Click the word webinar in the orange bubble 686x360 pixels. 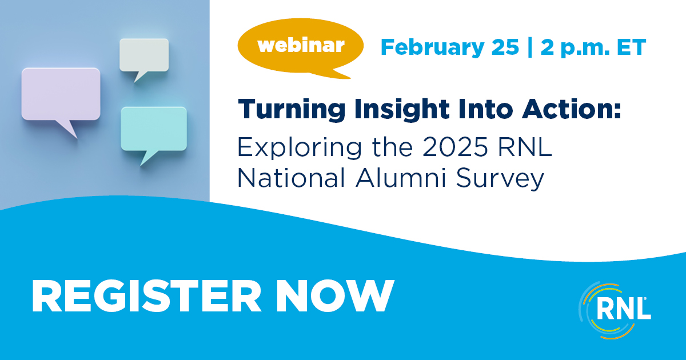tap(301, 46)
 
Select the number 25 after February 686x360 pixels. tap(505, 47)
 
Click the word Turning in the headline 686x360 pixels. tap(292, 110)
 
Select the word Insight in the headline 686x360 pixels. tap(402, 110)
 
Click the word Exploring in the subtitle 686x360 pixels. tap(299, 148)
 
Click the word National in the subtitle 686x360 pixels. tap(291, 178)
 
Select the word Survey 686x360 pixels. tap(500, 179)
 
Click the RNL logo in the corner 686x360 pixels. tap(615, 310)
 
